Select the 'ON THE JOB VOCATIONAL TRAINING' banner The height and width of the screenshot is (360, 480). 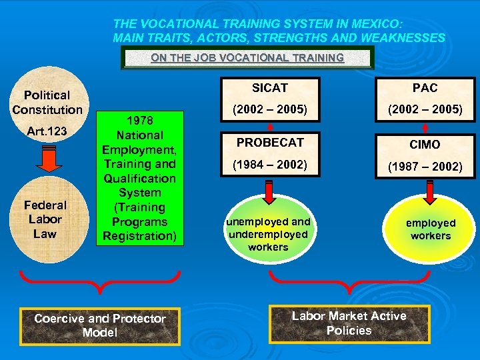(x=247, y=58)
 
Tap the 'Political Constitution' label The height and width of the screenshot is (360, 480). (x=47, y=103)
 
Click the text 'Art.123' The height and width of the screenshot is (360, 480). (x=47, y=131)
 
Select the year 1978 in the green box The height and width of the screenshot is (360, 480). (x=139, y=121)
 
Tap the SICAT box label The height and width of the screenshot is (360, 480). (x=269, y=87)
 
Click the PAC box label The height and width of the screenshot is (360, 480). (x=425, y=87)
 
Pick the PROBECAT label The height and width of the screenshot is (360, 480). (x=269, y=143)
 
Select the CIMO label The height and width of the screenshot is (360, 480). (x=425, y=145)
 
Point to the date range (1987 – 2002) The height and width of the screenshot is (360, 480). (x=425, y=167)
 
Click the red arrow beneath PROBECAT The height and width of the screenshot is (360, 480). (x=269, y=192)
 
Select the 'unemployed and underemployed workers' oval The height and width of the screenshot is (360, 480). (x=268, y=233)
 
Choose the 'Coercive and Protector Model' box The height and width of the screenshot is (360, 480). (x=99, y=325)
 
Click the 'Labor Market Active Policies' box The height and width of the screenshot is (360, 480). (x=349, y=323)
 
